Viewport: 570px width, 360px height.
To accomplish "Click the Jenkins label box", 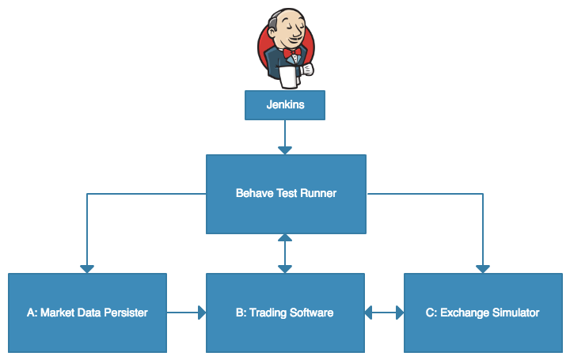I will (x=285, y=105).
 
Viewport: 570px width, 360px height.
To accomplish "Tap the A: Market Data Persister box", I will (x=87, y=313).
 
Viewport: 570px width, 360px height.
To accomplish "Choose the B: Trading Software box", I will (x=285, y=313).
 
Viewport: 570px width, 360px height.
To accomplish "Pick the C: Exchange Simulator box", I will (x=482, y=313).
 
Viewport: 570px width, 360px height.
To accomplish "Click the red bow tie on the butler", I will (x=291, y=53).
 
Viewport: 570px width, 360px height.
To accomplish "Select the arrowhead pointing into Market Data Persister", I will (x=87, y=268).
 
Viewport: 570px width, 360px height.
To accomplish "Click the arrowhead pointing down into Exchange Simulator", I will (x=482, y=268).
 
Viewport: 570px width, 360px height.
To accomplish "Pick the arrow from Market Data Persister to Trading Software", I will (x=187, y=313).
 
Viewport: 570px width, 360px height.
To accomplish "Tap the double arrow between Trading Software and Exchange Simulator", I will (x=384, y=313).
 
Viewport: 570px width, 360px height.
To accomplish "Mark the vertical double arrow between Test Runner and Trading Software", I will (x=285, y=253).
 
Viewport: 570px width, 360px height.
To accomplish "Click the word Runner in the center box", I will (x=317, y=193).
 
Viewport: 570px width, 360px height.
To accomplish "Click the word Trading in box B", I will (x=268, y=313).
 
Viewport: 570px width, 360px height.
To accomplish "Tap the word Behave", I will (x=252, y=193).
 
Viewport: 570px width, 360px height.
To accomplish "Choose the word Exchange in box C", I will (x=463, y=313).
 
